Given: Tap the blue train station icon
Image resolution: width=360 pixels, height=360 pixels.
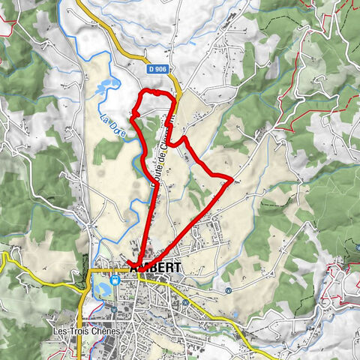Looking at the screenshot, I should [x=115, y=280].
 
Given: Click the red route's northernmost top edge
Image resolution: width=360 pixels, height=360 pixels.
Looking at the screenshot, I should [x=154, y=91].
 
